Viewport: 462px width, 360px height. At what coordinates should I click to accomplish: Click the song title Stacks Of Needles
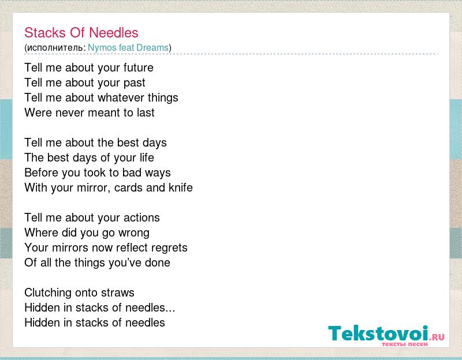[81, 32]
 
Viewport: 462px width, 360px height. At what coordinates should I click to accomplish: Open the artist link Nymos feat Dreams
[128, 47]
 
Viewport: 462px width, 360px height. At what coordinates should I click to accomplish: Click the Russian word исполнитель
[55, 48]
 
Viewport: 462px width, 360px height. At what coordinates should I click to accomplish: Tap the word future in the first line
[139, 67]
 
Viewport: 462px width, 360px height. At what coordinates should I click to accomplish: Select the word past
[135, 83]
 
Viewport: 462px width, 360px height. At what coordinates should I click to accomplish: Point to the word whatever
[121, 97]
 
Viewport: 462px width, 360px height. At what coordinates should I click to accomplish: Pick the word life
[147, 157]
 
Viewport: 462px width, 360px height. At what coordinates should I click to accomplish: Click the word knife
[181, 187]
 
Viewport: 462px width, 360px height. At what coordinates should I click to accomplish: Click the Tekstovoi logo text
[378, 333]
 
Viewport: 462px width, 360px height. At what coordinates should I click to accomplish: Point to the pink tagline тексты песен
[405, 344]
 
